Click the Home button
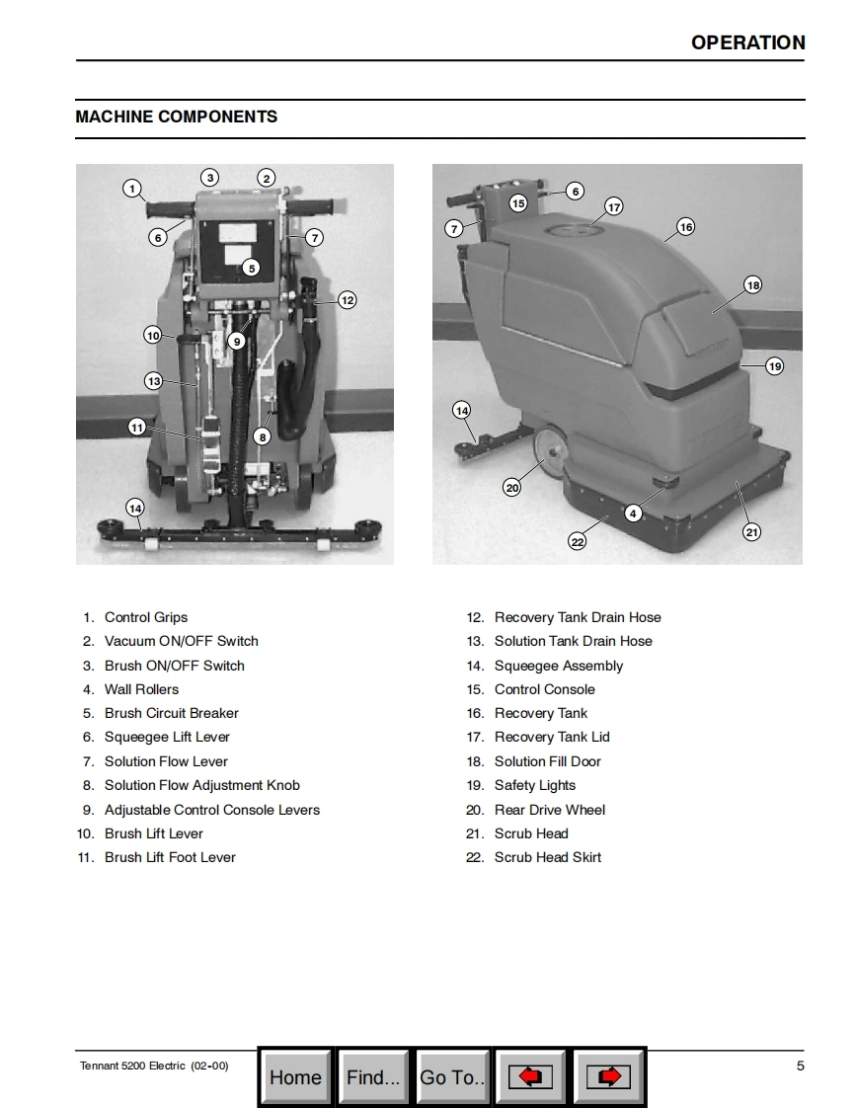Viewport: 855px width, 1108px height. click(295, 1077)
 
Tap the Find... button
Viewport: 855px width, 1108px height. click(373, 1077)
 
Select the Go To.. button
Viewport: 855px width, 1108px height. click(452, 1077)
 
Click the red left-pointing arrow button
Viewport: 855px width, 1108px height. click(530, 1077)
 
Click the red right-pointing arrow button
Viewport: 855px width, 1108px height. click(609, 1077)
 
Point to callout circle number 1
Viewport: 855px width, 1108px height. click(132, 189)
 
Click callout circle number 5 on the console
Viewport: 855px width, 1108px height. click(251, 268)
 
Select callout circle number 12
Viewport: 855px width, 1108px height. click(347, 300)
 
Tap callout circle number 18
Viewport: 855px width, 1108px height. click(753, 285)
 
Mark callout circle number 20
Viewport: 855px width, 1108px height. click(512, 487)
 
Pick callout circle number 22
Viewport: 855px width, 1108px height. click(578, 542)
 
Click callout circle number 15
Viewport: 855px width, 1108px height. click(518, 203)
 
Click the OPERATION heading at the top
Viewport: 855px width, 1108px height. click(747, 42)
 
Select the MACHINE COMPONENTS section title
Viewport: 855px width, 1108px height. click(177, 117)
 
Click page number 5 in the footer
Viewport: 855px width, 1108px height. click(801, 1066)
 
